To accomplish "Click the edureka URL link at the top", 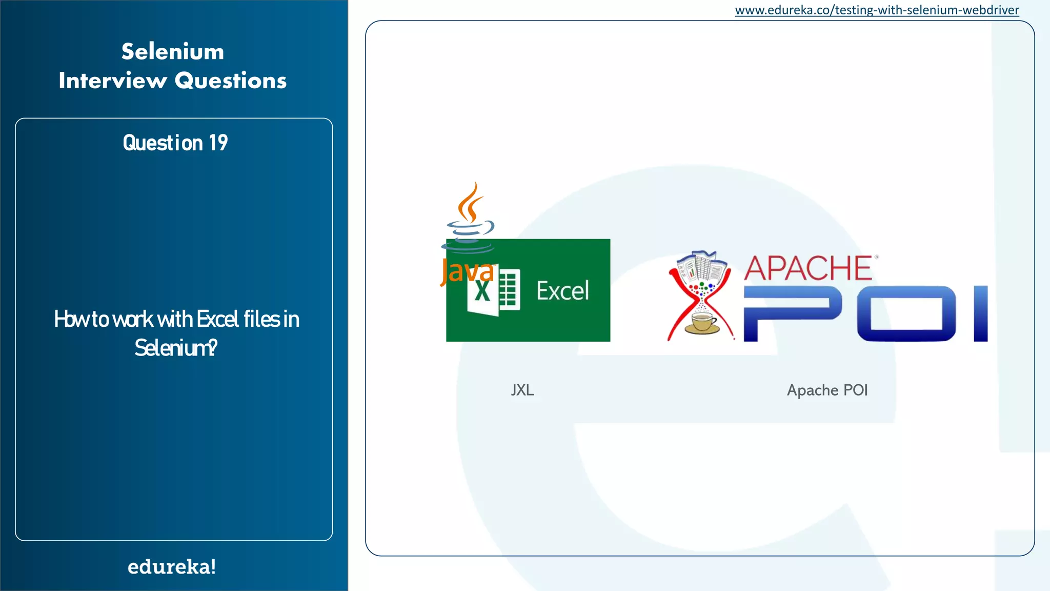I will click(x=877, y=10).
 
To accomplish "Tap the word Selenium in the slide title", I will click(x=173, y=52).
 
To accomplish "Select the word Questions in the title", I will click(x=231, y=81).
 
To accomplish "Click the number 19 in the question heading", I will click(x=218, y=143).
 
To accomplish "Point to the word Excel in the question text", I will click(x=218, y=319).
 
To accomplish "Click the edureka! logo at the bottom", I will click(x=172, y=567).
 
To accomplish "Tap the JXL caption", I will click(x=522, y=390).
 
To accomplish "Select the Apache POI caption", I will click(x=827, y=390).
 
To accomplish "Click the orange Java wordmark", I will click(x=467, y=271).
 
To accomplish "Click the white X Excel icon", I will click(x=493, y=291).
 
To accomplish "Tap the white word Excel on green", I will click(x=562, y=291).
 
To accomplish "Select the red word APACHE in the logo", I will click(x=808, y=268).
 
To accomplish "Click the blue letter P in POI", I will click(x=792, y=313).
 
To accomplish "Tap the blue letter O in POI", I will click(x=906, y=313).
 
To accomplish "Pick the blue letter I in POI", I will click(x=980, y=313).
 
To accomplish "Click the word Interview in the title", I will click(x=113, y=81).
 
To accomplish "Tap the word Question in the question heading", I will click(x=163, y=143).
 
